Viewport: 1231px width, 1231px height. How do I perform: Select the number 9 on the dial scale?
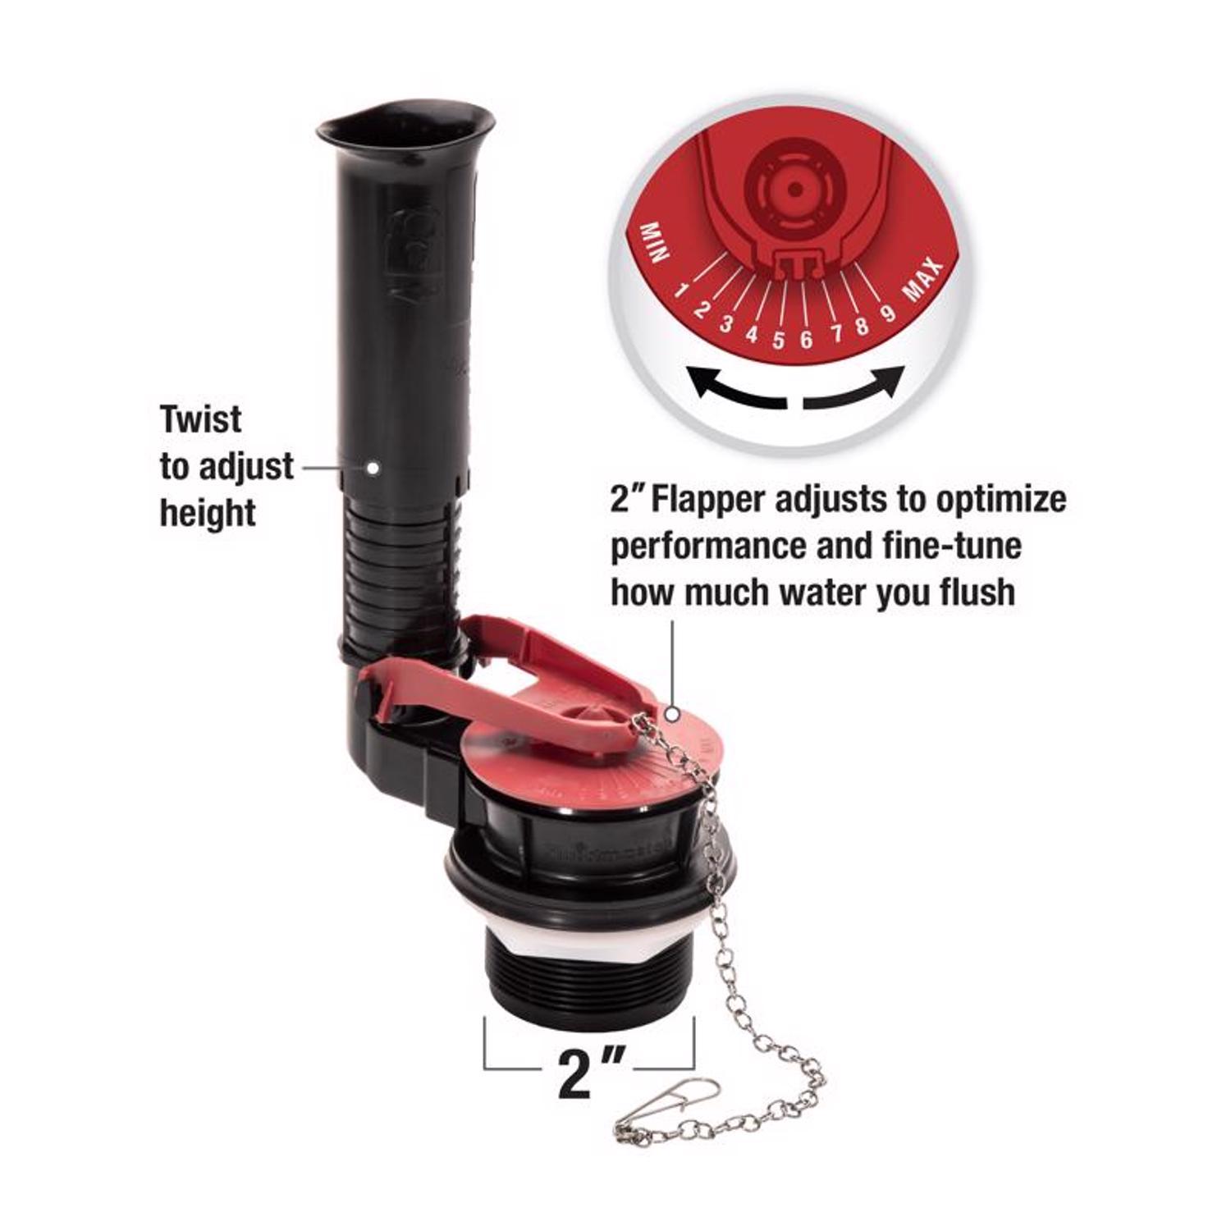[887, 313]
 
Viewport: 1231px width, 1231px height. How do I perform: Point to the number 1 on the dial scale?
[680, 290]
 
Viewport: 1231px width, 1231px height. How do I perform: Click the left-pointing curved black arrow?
[735, 390]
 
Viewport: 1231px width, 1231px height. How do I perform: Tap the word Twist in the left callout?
[201, 419]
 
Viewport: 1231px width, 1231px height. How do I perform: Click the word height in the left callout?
[208, 514]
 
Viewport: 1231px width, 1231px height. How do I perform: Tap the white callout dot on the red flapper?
[673, 715]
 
